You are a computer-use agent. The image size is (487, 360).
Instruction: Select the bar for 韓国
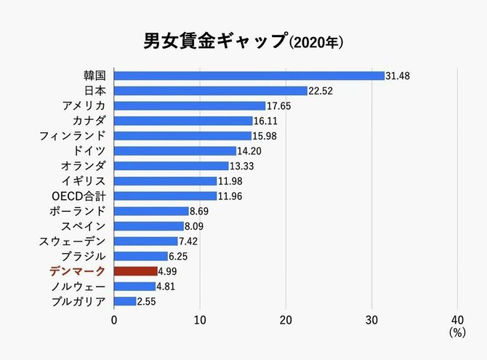[x=249, y=76]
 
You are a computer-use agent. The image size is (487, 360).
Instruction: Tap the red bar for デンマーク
[x=135, y=271]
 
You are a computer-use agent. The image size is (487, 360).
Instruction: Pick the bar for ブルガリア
[x=125, y=301]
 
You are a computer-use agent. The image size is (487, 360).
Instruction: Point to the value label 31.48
[x=400, y=76]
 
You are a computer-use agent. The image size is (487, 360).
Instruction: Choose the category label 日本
[x=95, y=91]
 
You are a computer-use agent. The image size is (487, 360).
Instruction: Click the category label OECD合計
[x=80, y=196]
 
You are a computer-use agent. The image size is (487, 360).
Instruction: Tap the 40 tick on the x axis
[x=457, y=320]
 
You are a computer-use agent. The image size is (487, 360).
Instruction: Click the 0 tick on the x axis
[x=114, y=320]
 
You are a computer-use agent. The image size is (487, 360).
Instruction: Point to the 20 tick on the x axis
[x=286, y=320]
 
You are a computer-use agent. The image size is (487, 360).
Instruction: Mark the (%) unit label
[x=457, y=333]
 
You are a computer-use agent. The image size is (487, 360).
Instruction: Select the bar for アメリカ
[x=190, y=105]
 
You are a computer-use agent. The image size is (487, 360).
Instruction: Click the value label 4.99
[x=169, y=271]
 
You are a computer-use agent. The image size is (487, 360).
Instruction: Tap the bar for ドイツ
[x=175, y=151]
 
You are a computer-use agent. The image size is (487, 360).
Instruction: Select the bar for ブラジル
[x=141, y=256]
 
